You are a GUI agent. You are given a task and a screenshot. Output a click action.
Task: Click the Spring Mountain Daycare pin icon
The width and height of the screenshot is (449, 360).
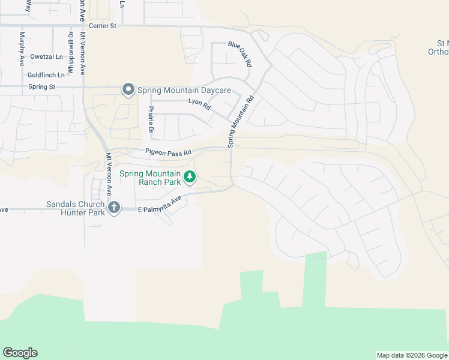[x=128, y=90]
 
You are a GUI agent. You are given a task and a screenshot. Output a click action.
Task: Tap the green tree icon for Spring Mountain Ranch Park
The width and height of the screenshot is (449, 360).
[x=190, y=177]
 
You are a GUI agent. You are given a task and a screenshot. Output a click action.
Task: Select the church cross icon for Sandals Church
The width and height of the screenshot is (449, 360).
[x=114, y=208]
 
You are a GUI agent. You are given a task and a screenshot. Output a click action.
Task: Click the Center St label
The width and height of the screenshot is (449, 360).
[x=102, y=26]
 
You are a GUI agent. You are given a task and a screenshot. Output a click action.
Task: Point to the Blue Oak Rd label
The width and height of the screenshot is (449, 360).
[x=240, y=54]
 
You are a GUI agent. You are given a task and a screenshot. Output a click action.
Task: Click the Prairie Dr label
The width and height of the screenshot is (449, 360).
[x=151, y=121]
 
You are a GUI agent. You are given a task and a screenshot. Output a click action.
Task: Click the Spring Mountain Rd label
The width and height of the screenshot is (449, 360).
[x=240, y=121]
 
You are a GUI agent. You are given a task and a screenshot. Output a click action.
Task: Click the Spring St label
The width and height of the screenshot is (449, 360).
[x=41, y=87]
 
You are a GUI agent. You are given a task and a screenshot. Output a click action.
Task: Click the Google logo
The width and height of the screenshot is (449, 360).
[x=20, y=353]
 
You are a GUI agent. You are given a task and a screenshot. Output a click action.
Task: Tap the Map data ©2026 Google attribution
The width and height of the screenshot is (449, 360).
[x=412, y=355]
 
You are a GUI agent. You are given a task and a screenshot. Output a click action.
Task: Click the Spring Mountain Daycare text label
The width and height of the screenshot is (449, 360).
[x=184, y=91]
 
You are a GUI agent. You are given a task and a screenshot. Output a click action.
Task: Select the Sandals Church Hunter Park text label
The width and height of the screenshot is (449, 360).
[x=75, y=208]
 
